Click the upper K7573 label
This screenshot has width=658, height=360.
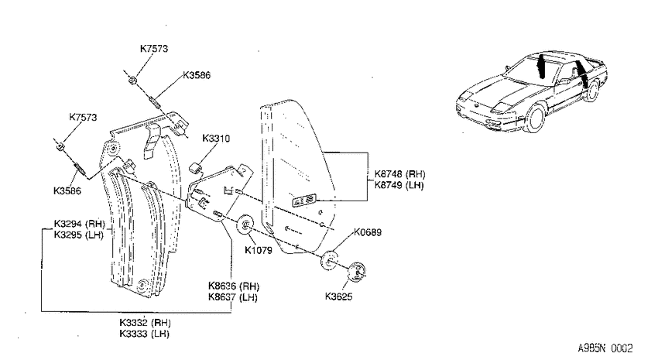(154, 49)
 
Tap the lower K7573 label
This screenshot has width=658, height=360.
(83, 118)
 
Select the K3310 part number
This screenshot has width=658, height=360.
(216, 139)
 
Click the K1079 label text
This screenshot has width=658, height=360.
(259, 251)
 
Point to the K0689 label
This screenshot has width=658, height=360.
(368, 232)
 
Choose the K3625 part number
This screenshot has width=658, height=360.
(338, 297)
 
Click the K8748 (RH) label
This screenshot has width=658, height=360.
(400, 174)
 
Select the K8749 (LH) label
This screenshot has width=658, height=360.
(399, 185)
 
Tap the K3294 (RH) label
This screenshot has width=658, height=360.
(80, 224)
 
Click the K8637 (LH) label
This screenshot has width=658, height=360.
(233, 297)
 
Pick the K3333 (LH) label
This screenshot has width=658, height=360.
(144, 334)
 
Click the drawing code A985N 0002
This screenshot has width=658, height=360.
(605, 348)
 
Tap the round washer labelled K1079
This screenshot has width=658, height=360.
(245, 225)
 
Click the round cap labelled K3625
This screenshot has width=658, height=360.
(357, 272)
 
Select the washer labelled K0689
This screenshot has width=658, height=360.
(331, 261)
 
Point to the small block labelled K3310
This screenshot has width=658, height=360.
(194, 166)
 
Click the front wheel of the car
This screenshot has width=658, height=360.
(536, 118)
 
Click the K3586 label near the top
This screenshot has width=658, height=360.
(197, 76)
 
